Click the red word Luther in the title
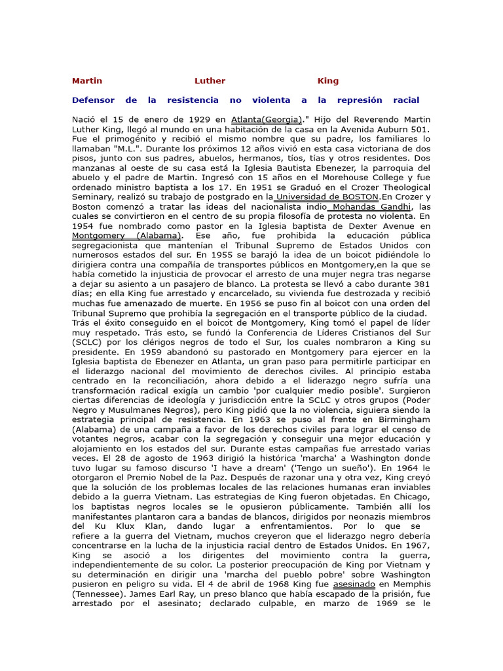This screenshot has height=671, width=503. click(210, 81)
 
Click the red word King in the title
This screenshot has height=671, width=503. click(328, 81)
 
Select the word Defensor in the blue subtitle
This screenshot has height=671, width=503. click(93, 100)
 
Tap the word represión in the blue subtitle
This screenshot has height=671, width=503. click(360, 100)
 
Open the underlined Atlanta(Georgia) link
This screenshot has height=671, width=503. click(267, 120)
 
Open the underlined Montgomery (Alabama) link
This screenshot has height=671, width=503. click(126, 235)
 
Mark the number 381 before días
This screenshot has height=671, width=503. click(421, 284)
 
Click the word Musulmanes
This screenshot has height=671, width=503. click(140, 409)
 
